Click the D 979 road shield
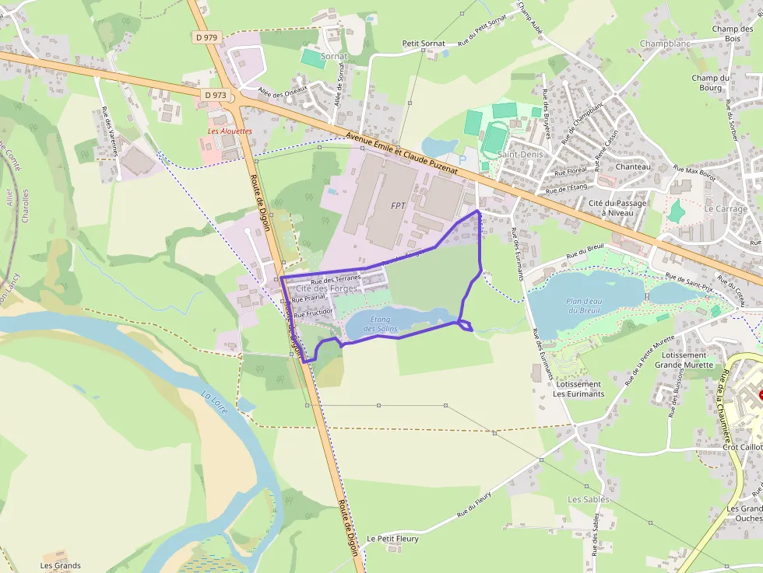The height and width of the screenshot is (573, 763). pos(206,37)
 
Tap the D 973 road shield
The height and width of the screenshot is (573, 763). pos(216,95)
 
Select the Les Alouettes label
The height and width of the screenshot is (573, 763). pos(230,131)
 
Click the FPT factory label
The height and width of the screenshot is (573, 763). pos(399,206)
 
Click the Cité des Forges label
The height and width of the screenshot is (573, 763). pos(326,288)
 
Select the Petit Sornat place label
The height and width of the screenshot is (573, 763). pos(424,44)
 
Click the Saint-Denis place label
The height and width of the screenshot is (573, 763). pos(520,155)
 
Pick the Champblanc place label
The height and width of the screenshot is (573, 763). pos(665,44)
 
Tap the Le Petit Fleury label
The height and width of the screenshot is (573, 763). pos(392,539)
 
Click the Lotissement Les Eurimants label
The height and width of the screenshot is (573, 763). pos(578,389)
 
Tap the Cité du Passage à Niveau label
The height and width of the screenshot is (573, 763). pos(617,208)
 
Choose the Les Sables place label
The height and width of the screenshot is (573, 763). pos(589,499)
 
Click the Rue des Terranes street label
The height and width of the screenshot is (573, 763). pos(336,280)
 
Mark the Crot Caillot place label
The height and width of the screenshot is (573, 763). pos(742,447)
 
